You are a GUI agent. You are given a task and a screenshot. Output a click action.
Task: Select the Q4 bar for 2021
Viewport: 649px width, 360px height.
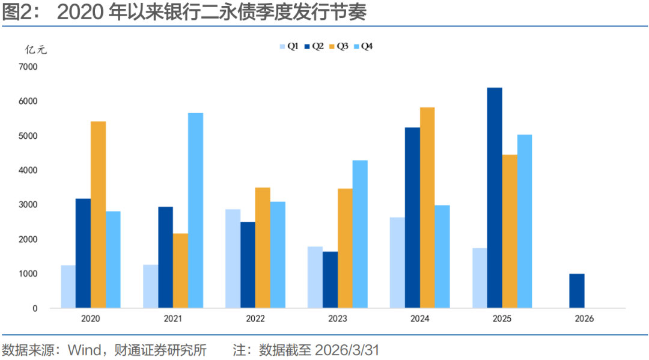coord(195,210)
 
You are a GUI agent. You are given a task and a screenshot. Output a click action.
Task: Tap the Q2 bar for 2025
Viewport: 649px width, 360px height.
coord(495,198)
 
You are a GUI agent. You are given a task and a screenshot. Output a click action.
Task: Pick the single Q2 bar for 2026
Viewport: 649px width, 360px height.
coord(577,291)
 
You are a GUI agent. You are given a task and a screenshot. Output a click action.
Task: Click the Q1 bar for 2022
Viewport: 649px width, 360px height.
coord(233,258)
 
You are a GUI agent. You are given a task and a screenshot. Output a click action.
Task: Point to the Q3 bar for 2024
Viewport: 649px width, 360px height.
coord(427,207)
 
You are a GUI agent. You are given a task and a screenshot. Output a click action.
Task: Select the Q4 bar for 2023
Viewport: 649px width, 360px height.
coord(360,234)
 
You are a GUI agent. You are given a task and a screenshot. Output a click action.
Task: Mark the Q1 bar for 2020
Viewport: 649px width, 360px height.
coord(68,287)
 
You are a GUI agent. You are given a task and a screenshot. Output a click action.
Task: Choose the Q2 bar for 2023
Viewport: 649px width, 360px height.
coord(330,279)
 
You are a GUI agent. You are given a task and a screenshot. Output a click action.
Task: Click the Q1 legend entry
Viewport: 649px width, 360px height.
coord(288,46)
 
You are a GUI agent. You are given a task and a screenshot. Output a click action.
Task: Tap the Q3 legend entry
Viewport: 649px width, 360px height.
coord(338,46)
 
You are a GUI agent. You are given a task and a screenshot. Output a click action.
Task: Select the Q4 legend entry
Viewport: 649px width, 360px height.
coord(363,46)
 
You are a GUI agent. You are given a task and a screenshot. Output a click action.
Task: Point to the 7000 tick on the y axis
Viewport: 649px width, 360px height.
coord(28,67)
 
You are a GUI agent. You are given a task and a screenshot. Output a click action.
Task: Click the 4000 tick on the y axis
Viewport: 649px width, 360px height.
coord(28,170)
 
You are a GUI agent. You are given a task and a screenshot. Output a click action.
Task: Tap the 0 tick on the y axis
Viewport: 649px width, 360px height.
coord(35,308)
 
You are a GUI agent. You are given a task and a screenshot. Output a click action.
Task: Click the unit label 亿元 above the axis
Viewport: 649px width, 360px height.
coord(35,50)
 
